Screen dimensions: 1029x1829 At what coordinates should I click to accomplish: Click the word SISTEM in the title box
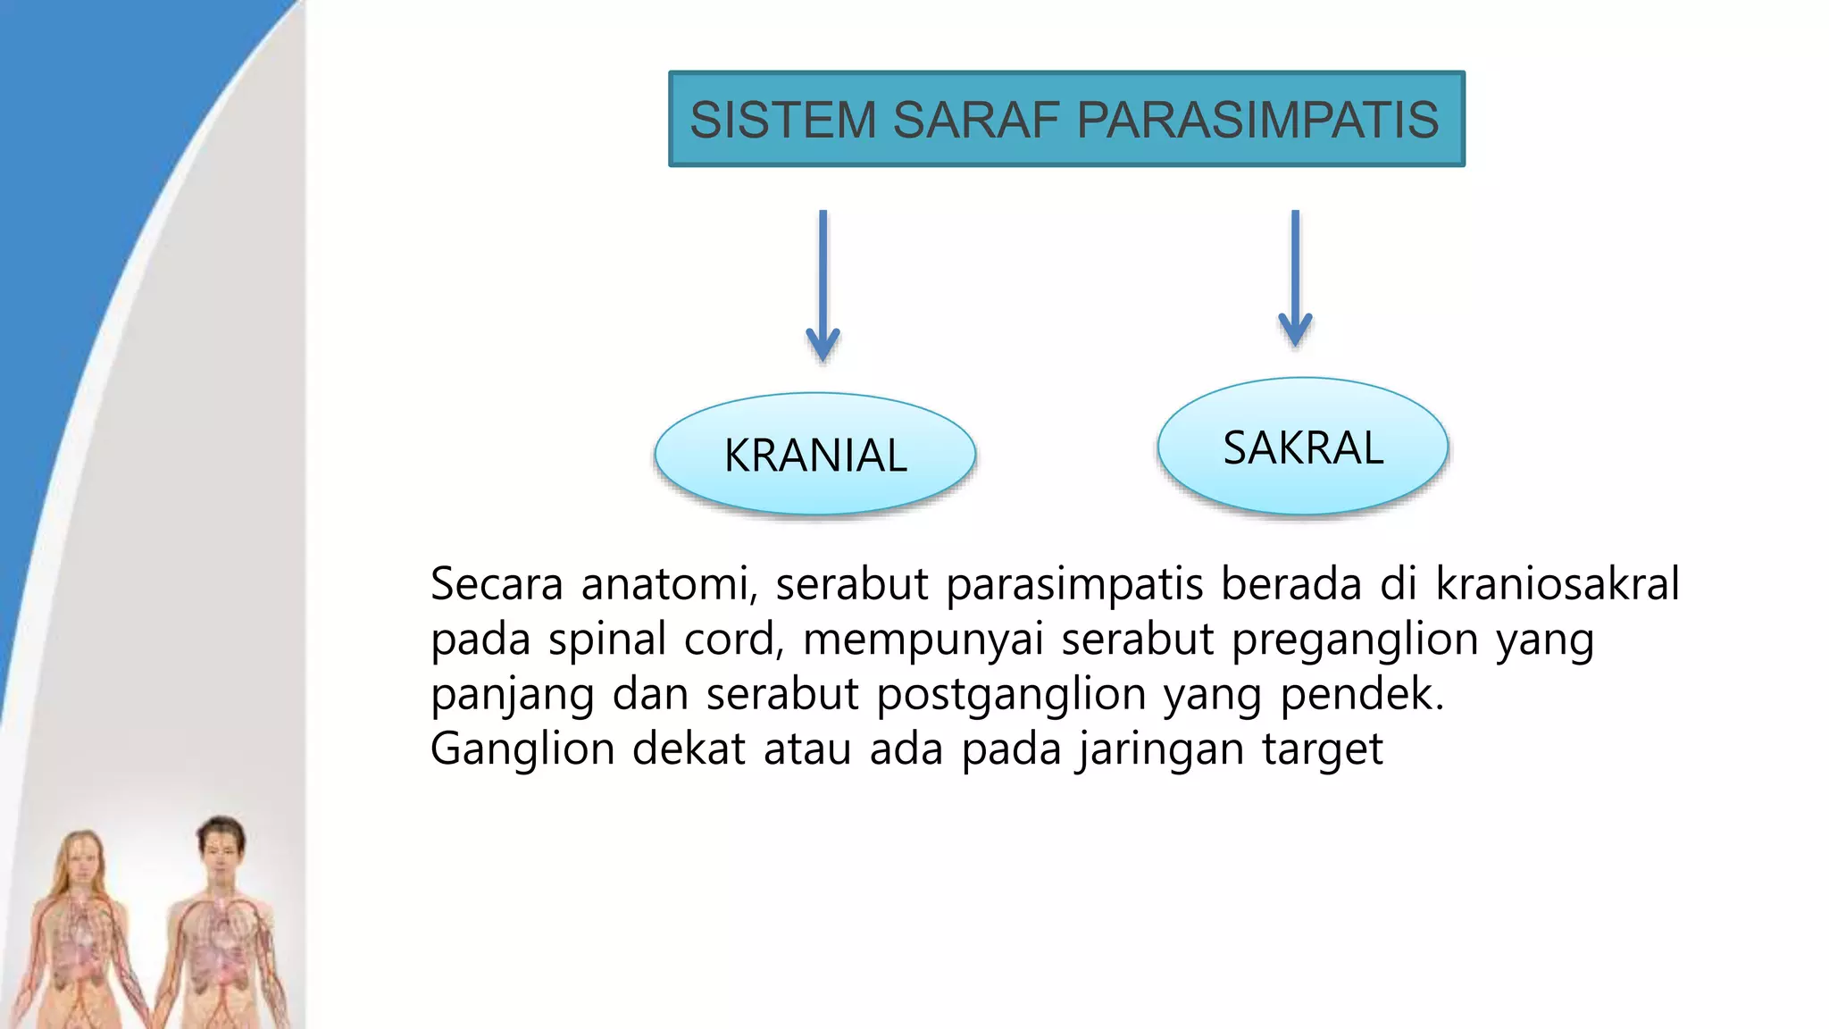point(783,120)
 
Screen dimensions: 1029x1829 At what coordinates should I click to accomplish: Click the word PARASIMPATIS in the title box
point(1257,120)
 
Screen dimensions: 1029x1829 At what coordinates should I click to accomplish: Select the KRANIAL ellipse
point(814,454)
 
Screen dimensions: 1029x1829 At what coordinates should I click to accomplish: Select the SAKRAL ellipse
point(1302,447)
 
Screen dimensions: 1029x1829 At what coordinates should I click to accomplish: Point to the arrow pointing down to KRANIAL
point(823,286)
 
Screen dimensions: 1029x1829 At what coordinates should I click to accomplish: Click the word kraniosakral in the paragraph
point(1558,584)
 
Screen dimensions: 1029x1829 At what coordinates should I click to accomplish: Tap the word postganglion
point(1011,694)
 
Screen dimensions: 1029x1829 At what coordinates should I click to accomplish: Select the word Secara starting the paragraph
point(496,584)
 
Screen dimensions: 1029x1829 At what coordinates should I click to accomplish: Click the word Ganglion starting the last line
point(522,749)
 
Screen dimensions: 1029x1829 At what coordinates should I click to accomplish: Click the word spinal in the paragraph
point(607,640)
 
